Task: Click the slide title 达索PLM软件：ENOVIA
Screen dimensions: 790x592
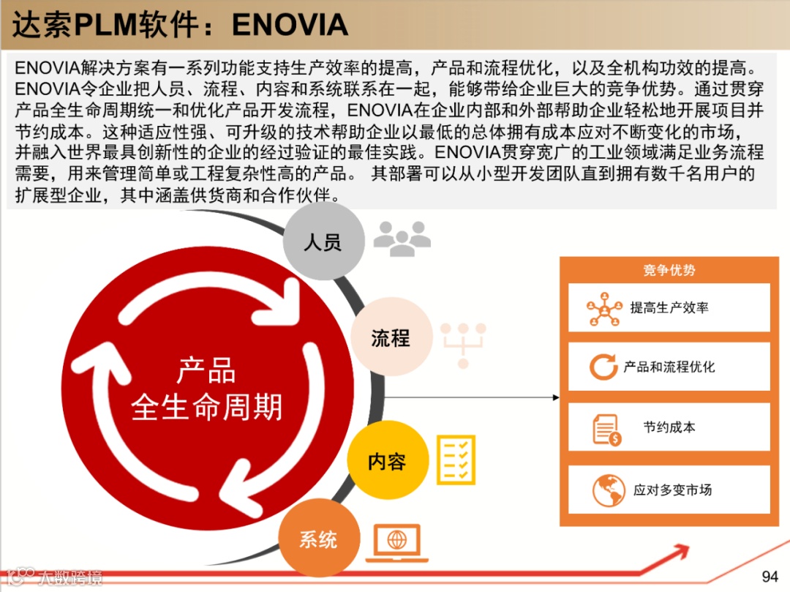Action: pyautogui.click(x=180, y=25)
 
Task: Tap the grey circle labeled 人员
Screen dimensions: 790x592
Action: pyautogui.click(x=323, y=242)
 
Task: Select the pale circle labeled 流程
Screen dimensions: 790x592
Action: pyautogui.click(x=390, y=338)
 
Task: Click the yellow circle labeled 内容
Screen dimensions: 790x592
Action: pyautogui.click(x=387, y=462)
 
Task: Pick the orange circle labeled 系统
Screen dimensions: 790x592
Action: pyautogui.click(x=318, y=540)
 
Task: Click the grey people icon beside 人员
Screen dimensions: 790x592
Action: pyautogui.click(x=402, y=239)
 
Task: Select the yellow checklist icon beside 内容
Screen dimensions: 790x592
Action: pyautogui.click(x=456, y=460)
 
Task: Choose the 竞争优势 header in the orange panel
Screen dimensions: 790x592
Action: pyautogui.click(x=669, y=270)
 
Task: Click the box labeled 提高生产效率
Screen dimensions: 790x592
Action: pyautogui.click(x=669, y=308)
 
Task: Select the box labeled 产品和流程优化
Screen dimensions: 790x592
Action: pyautogui.click(x=669, y=367)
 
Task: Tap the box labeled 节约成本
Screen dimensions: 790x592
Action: pyautogui.click(x=669, y=427)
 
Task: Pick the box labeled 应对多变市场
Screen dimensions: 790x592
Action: pyautogui.click(x=669, y=490)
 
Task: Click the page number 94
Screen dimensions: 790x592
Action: pyautogui.click(x=770, y=576)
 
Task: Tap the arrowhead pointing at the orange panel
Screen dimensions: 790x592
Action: pyautogui.click(x=555, y=397)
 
